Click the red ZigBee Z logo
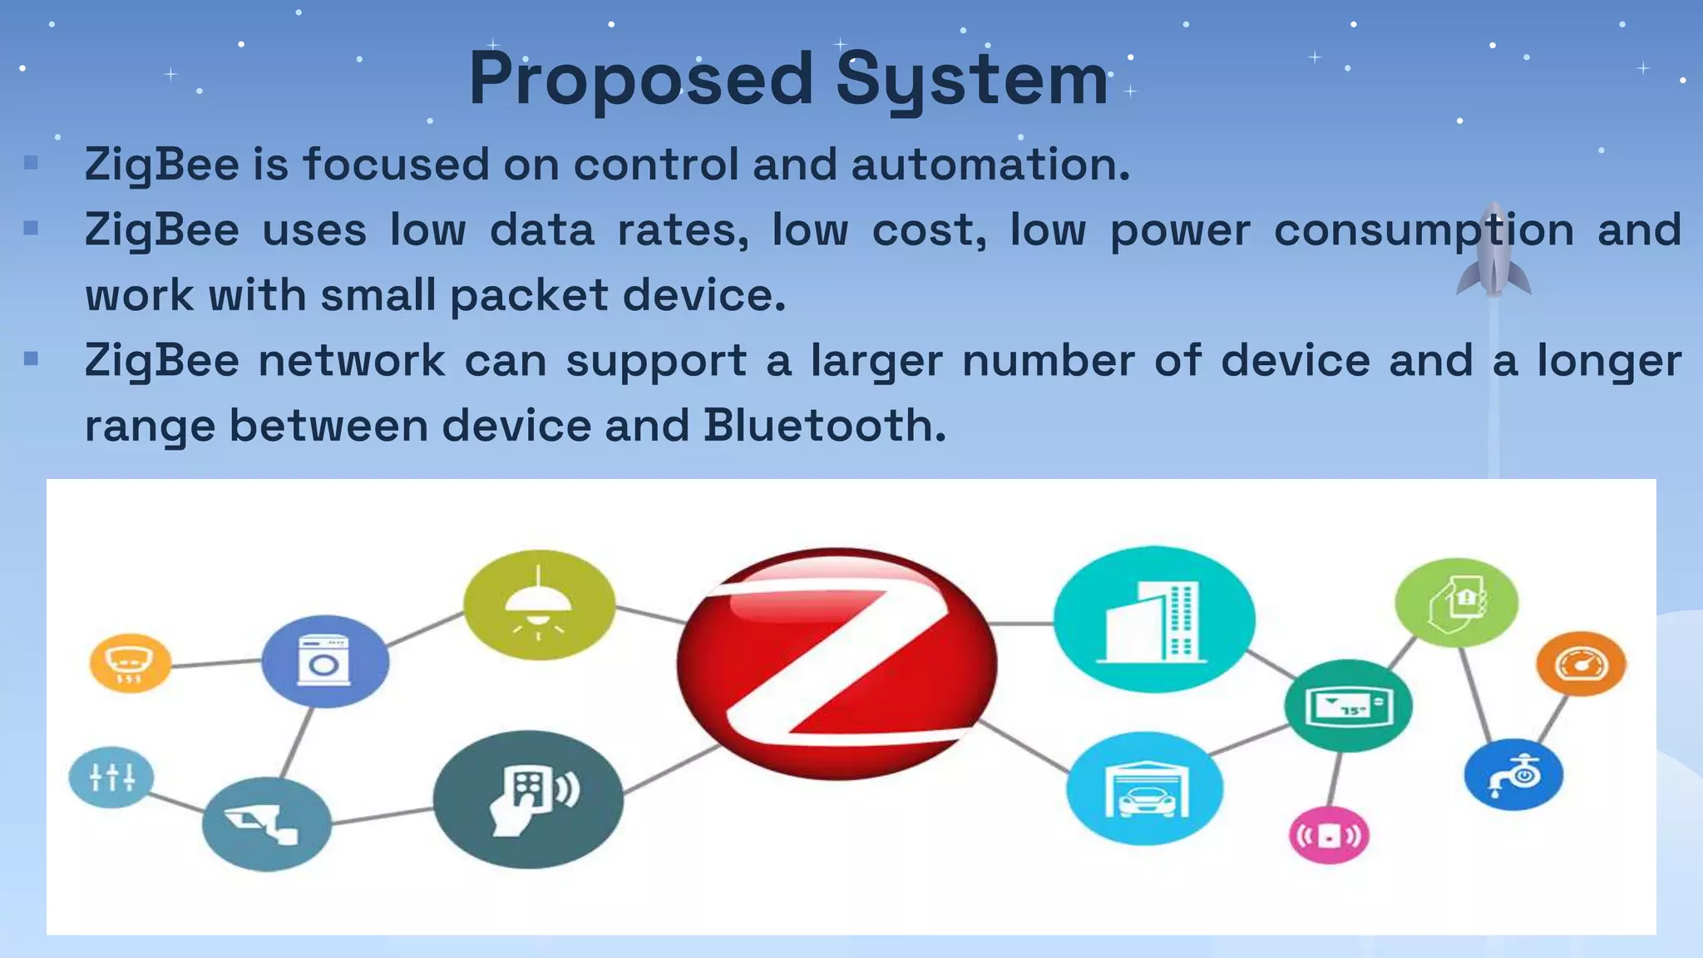click(x=837, y=664)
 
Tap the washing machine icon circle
click(x=324, y=661)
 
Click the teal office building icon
click(x=1154, y=620)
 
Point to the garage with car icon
click(x=1144, y=788)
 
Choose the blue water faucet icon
click(x=1513, y=775)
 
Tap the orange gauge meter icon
click(x=1581, y=664)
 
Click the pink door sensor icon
click(x=1329, y=835)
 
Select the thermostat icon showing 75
click(x=1348, y=706)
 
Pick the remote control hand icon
click(x=528, y=799)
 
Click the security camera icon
click(x=266, y=824)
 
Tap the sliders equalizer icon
click(x=111, y=778)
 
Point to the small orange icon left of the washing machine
click(x=130, y=664)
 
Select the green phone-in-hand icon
click(x=1456, y=603)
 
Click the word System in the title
click(x=971, y=80)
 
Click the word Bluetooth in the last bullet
click(x=824, y=426)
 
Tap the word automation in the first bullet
click(x=990, y=164)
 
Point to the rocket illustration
click(x=1493, y=249)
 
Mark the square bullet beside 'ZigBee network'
click(x=32, y=359)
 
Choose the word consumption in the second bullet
click(x=1424, y=230)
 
